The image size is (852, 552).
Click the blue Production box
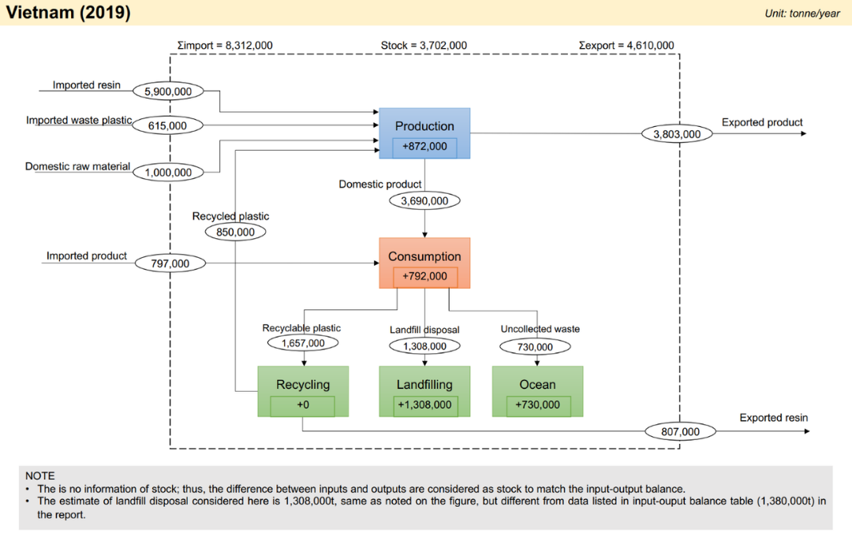(x=424, y=133)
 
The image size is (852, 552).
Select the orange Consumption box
(x=424, y=263)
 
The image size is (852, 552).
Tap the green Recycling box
(x=303, y=391)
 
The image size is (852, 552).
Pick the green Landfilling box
(x=424, y=391)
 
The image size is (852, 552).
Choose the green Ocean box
(x=537, y=391)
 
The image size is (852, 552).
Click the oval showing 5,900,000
(x=168, y=91)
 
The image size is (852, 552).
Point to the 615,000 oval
(x=167, y=125)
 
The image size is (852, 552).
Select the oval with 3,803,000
(x=677, y=133)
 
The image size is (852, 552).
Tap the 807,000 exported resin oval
(x=680, y=431)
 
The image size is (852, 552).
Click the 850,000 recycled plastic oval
(x=235, y=232)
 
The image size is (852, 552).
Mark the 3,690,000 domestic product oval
(x=424, y=201)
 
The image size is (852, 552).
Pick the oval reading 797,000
(x=170, y=263)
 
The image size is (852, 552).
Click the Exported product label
(x=762, y=122)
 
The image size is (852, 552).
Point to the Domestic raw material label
(x=77, y=166)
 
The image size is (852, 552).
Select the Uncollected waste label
(x=540, y=329)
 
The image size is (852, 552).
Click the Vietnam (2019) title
(x=69, y=12)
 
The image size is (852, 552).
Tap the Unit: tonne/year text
(x=802, y=13)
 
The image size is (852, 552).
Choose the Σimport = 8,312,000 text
(x=225, y=45)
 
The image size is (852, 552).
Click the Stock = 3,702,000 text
(x=424, y=45)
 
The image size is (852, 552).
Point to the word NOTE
(x=40, y=476)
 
